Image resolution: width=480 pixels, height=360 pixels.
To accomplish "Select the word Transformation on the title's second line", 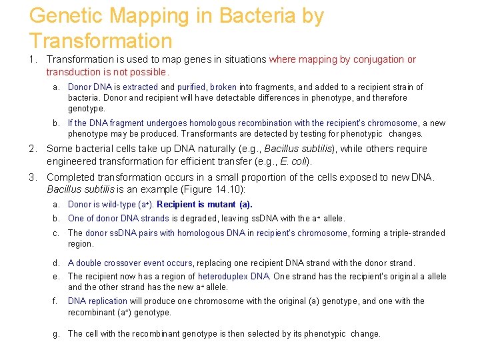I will (x=101, y=41).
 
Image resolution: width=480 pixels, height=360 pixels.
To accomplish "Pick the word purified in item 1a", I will (x=192, y=87).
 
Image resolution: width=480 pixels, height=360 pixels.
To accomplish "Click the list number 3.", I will (x=31, y=177).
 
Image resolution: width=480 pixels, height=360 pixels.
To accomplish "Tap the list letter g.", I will (x=57, y=333).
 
